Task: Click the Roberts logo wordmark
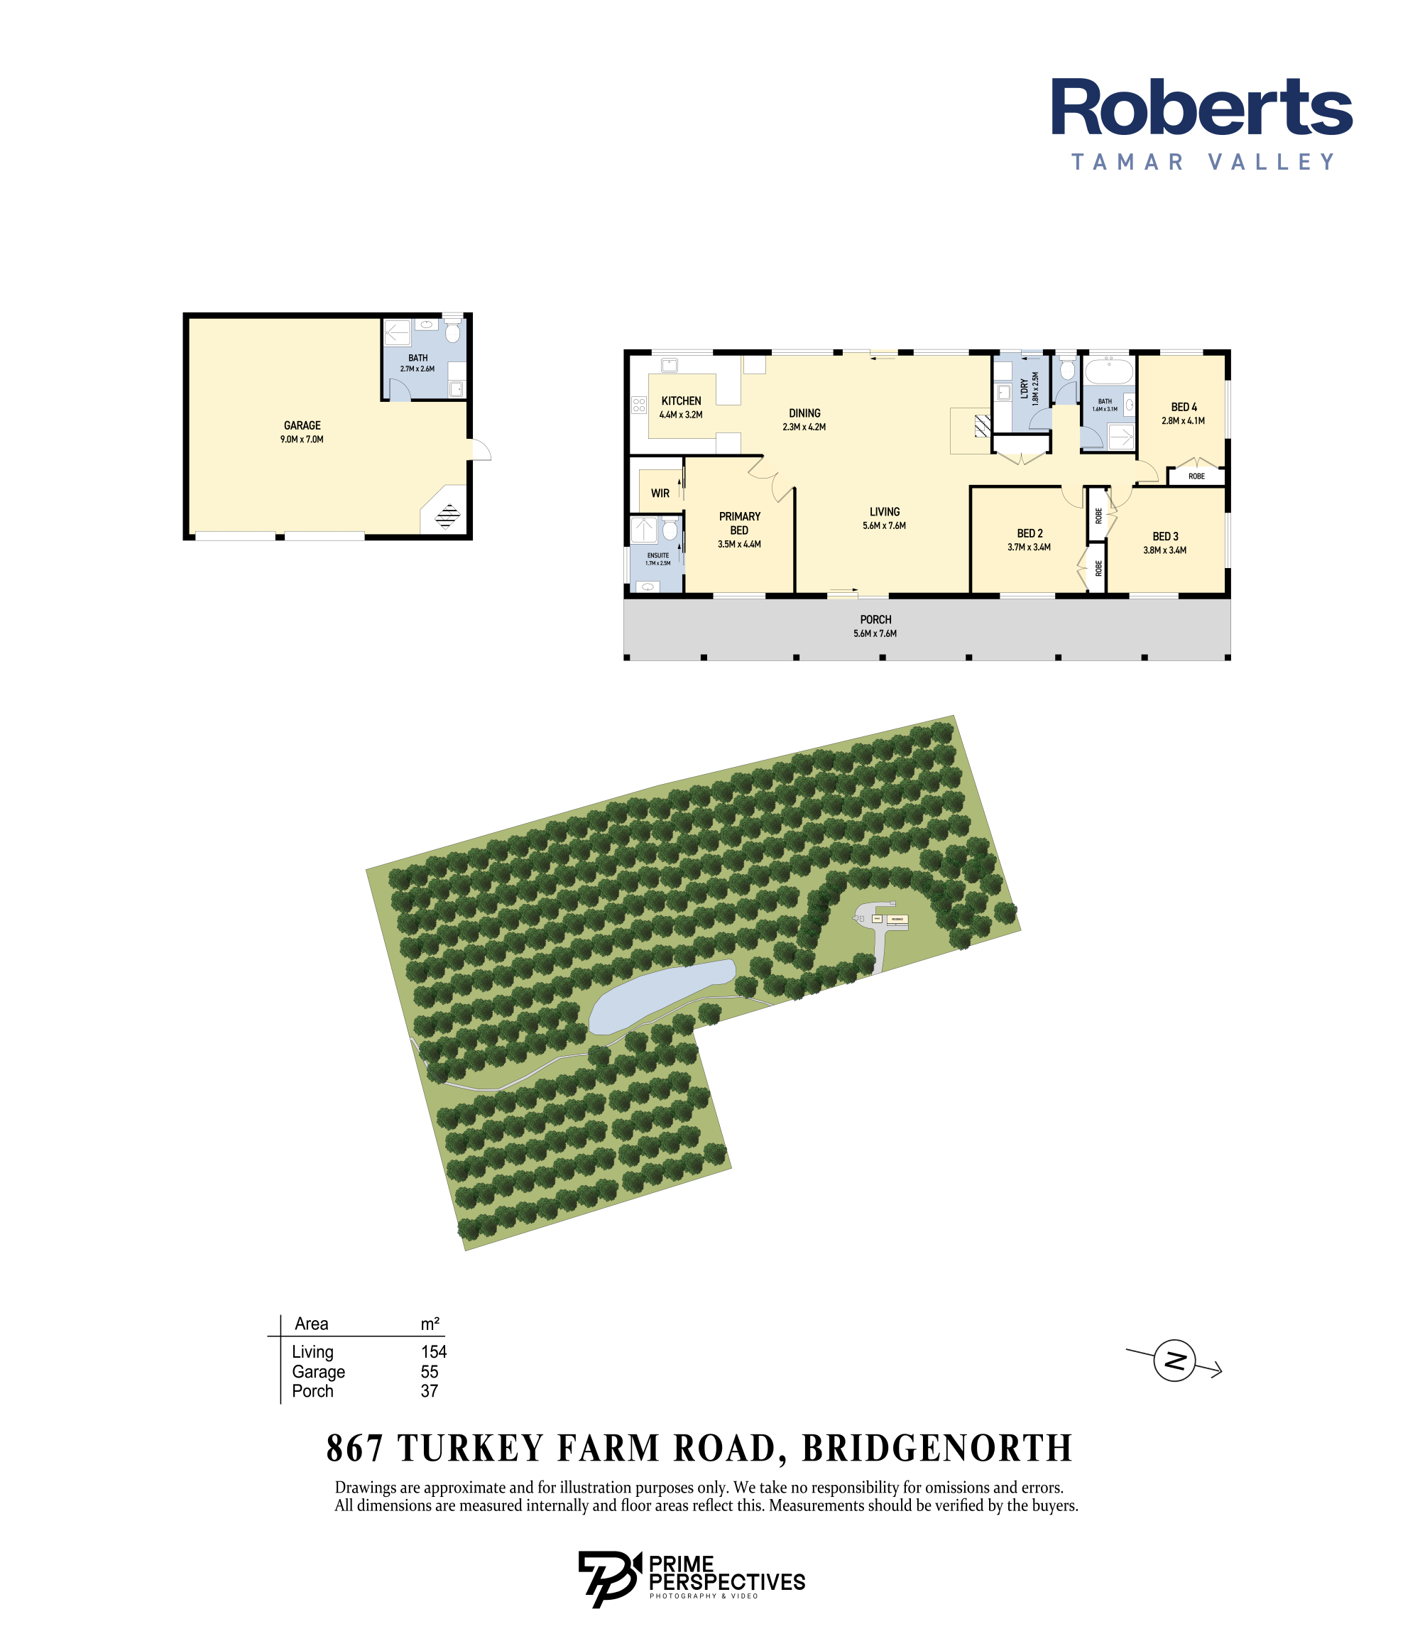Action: click(x=1201, y=108)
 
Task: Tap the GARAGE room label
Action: click(x=302, y=426)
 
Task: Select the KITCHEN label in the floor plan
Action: click(x=681, y=401)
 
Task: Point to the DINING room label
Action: click(x=804, y=413)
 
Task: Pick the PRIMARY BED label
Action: click(x=739, y=523)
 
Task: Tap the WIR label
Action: click(x=660, y=494)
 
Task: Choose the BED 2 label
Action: click(x=1029, y=534)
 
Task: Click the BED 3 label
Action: click(x=1165, y=537)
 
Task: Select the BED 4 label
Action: click(x=1184, y=408)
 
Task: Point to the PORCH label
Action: click(x=875, y=620)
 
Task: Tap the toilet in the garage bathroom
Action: click(x=452, y=332)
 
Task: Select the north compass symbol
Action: click(x=1174, y=1361)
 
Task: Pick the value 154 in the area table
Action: click(x=434, y=1351)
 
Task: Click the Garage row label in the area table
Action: click(x=319, y=1372)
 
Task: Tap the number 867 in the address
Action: click(x=354, y=1448)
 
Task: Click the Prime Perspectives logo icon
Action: click(x=608, y=1579)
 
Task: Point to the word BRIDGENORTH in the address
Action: click(x=937, y=1448)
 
